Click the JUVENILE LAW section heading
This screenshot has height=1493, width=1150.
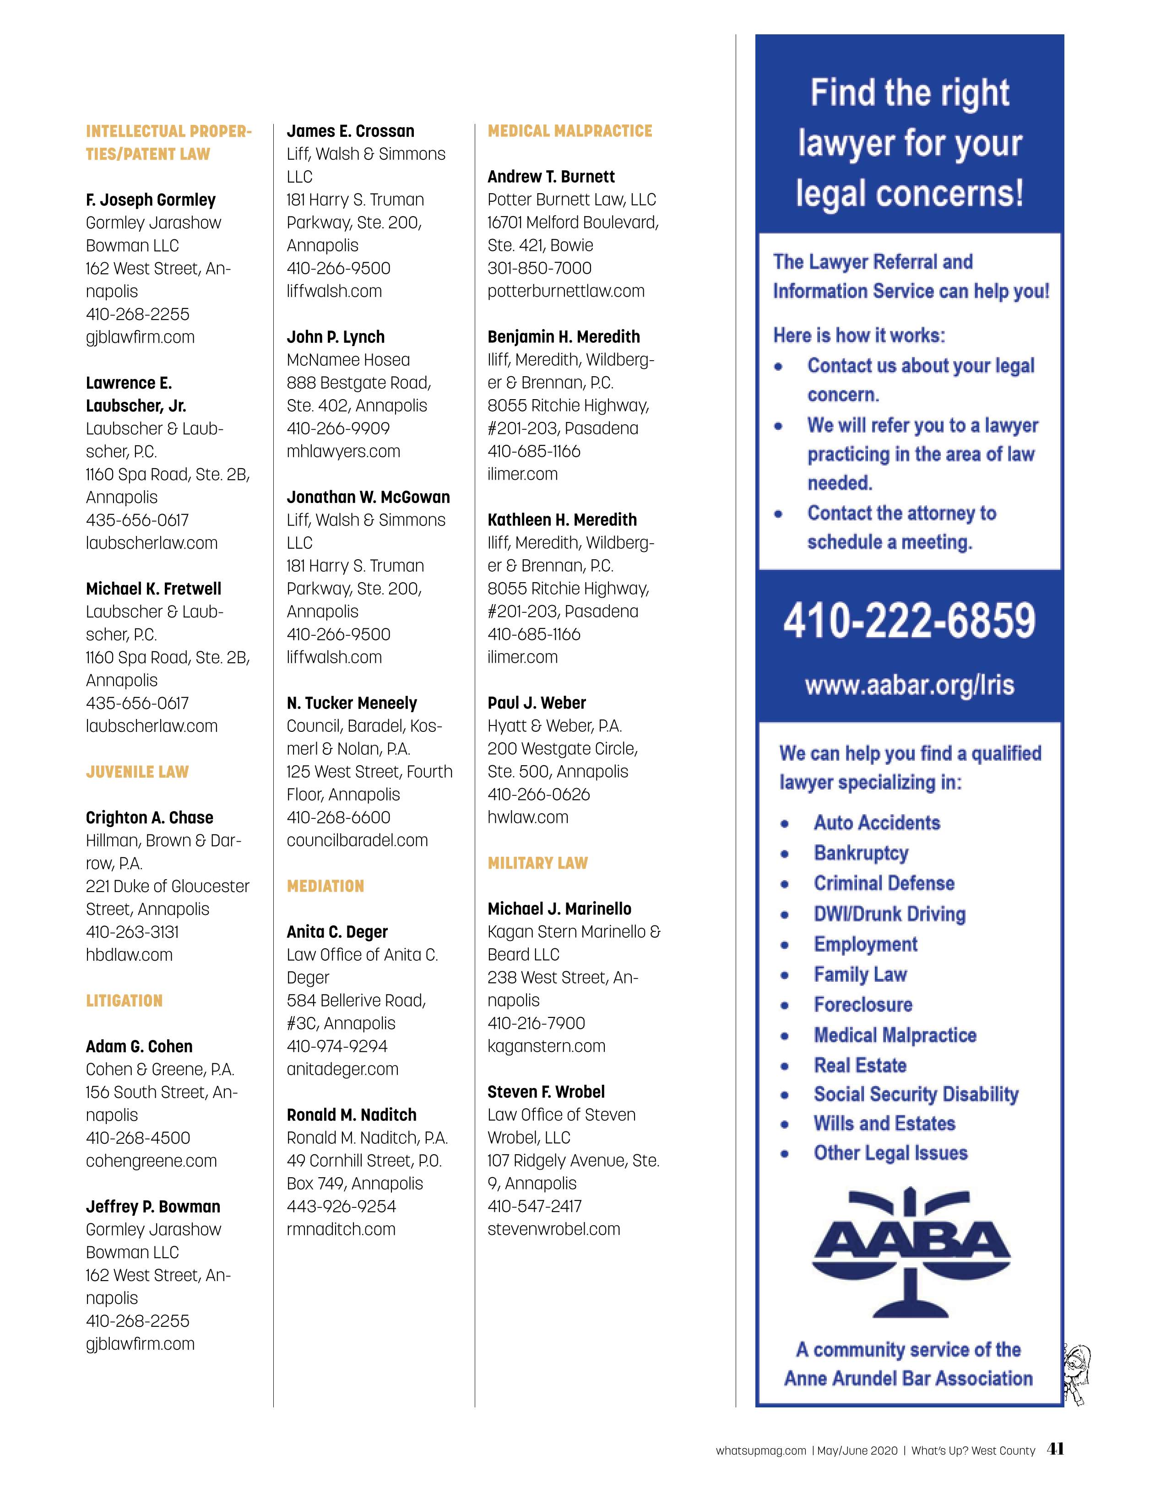pos(137,772)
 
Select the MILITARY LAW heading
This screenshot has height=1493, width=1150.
pos(537,863)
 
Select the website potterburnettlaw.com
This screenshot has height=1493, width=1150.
pos(565,291)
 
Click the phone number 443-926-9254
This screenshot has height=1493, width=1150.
pos(341,1206)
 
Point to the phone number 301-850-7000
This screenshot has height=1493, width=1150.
pos(539,268)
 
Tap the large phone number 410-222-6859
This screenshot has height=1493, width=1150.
pos(909,621)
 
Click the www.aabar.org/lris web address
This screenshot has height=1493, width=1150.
pos(909,685)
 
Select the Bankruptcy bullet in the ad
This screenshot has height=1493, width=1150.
pos(861,853)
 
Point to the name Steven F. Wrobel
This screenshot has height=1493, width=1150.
pos(546,1092)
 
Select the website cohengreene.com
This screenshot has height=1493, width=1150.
pos(151,1160)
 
